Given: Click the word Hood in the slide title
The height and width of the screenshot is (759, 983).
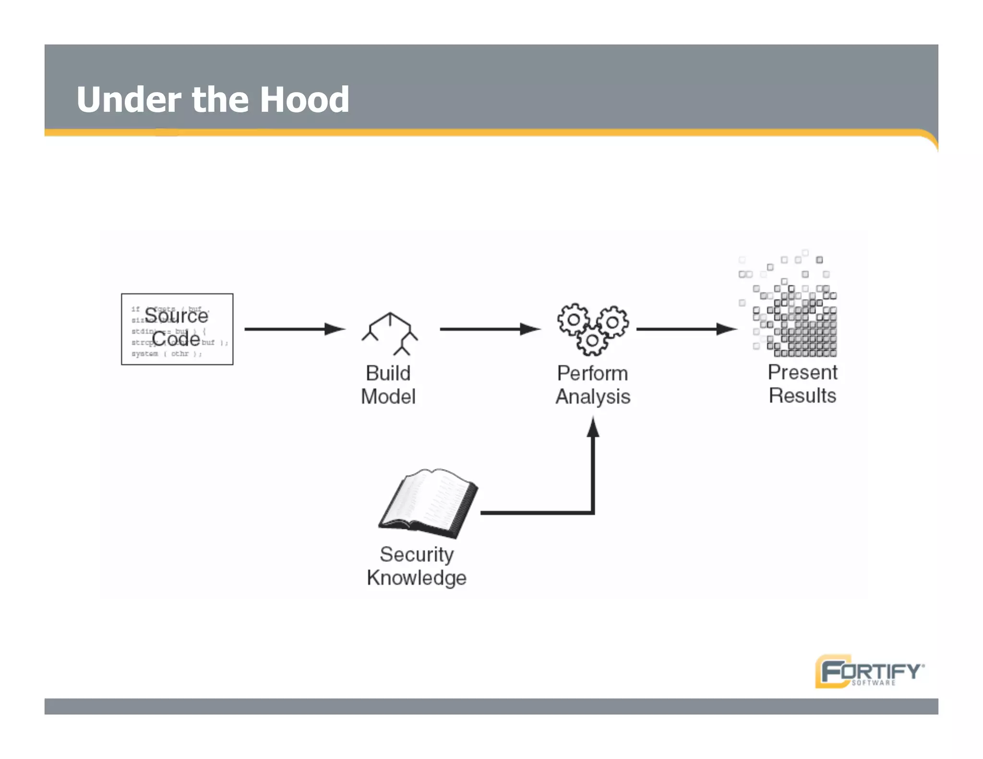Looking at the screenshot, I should coord(304,100).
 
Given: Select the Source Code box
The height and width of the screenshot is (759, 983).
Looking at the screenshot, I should coord(177,329).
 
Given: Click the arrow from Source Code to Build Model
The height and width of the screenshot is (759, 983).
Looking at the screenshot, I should coord(294,329).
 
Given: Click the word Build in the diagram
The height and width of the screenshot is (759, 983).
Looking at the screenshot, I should coord(388,373).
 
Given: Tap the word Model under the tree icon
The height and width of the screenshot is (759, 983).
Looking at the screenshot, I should coord(388,397).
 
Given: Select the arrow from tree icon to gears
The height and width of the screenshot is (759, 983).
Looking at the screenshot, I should coord(490,329).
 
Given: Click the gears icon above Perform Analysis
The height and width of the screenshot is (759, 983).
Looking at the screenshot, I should coord(593,329).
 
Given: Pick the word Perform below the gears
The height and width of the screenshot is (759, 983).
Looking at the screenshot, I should coord(593,373).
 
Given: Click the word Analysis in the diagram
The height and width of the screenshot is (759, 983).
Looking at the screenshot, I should coord(593,397).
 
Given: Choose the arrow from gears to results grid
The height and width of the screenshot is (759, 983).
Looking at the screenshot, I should coord(686,329).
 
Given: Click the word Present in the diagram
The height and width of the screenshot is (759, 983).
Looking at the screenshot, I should coord(803,372).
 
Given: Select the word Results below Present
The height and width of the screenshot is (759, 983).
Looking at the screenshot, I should coord(803,396).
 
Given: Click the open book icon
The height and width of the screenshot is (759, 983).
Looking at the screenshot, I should coord(429,503).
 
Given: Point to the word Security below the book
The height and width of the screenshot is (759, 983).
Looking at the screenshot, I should coord(417,555).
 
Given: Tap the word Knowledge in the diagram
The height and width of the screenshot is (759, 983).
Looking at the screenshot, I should coord(417,578).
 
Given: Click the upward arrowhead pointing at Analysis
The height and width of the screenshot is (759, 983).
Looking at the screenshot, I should coord(593,427).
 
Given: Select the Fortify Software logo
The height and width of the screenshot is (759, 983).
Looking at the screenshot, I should coord(869,671).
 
